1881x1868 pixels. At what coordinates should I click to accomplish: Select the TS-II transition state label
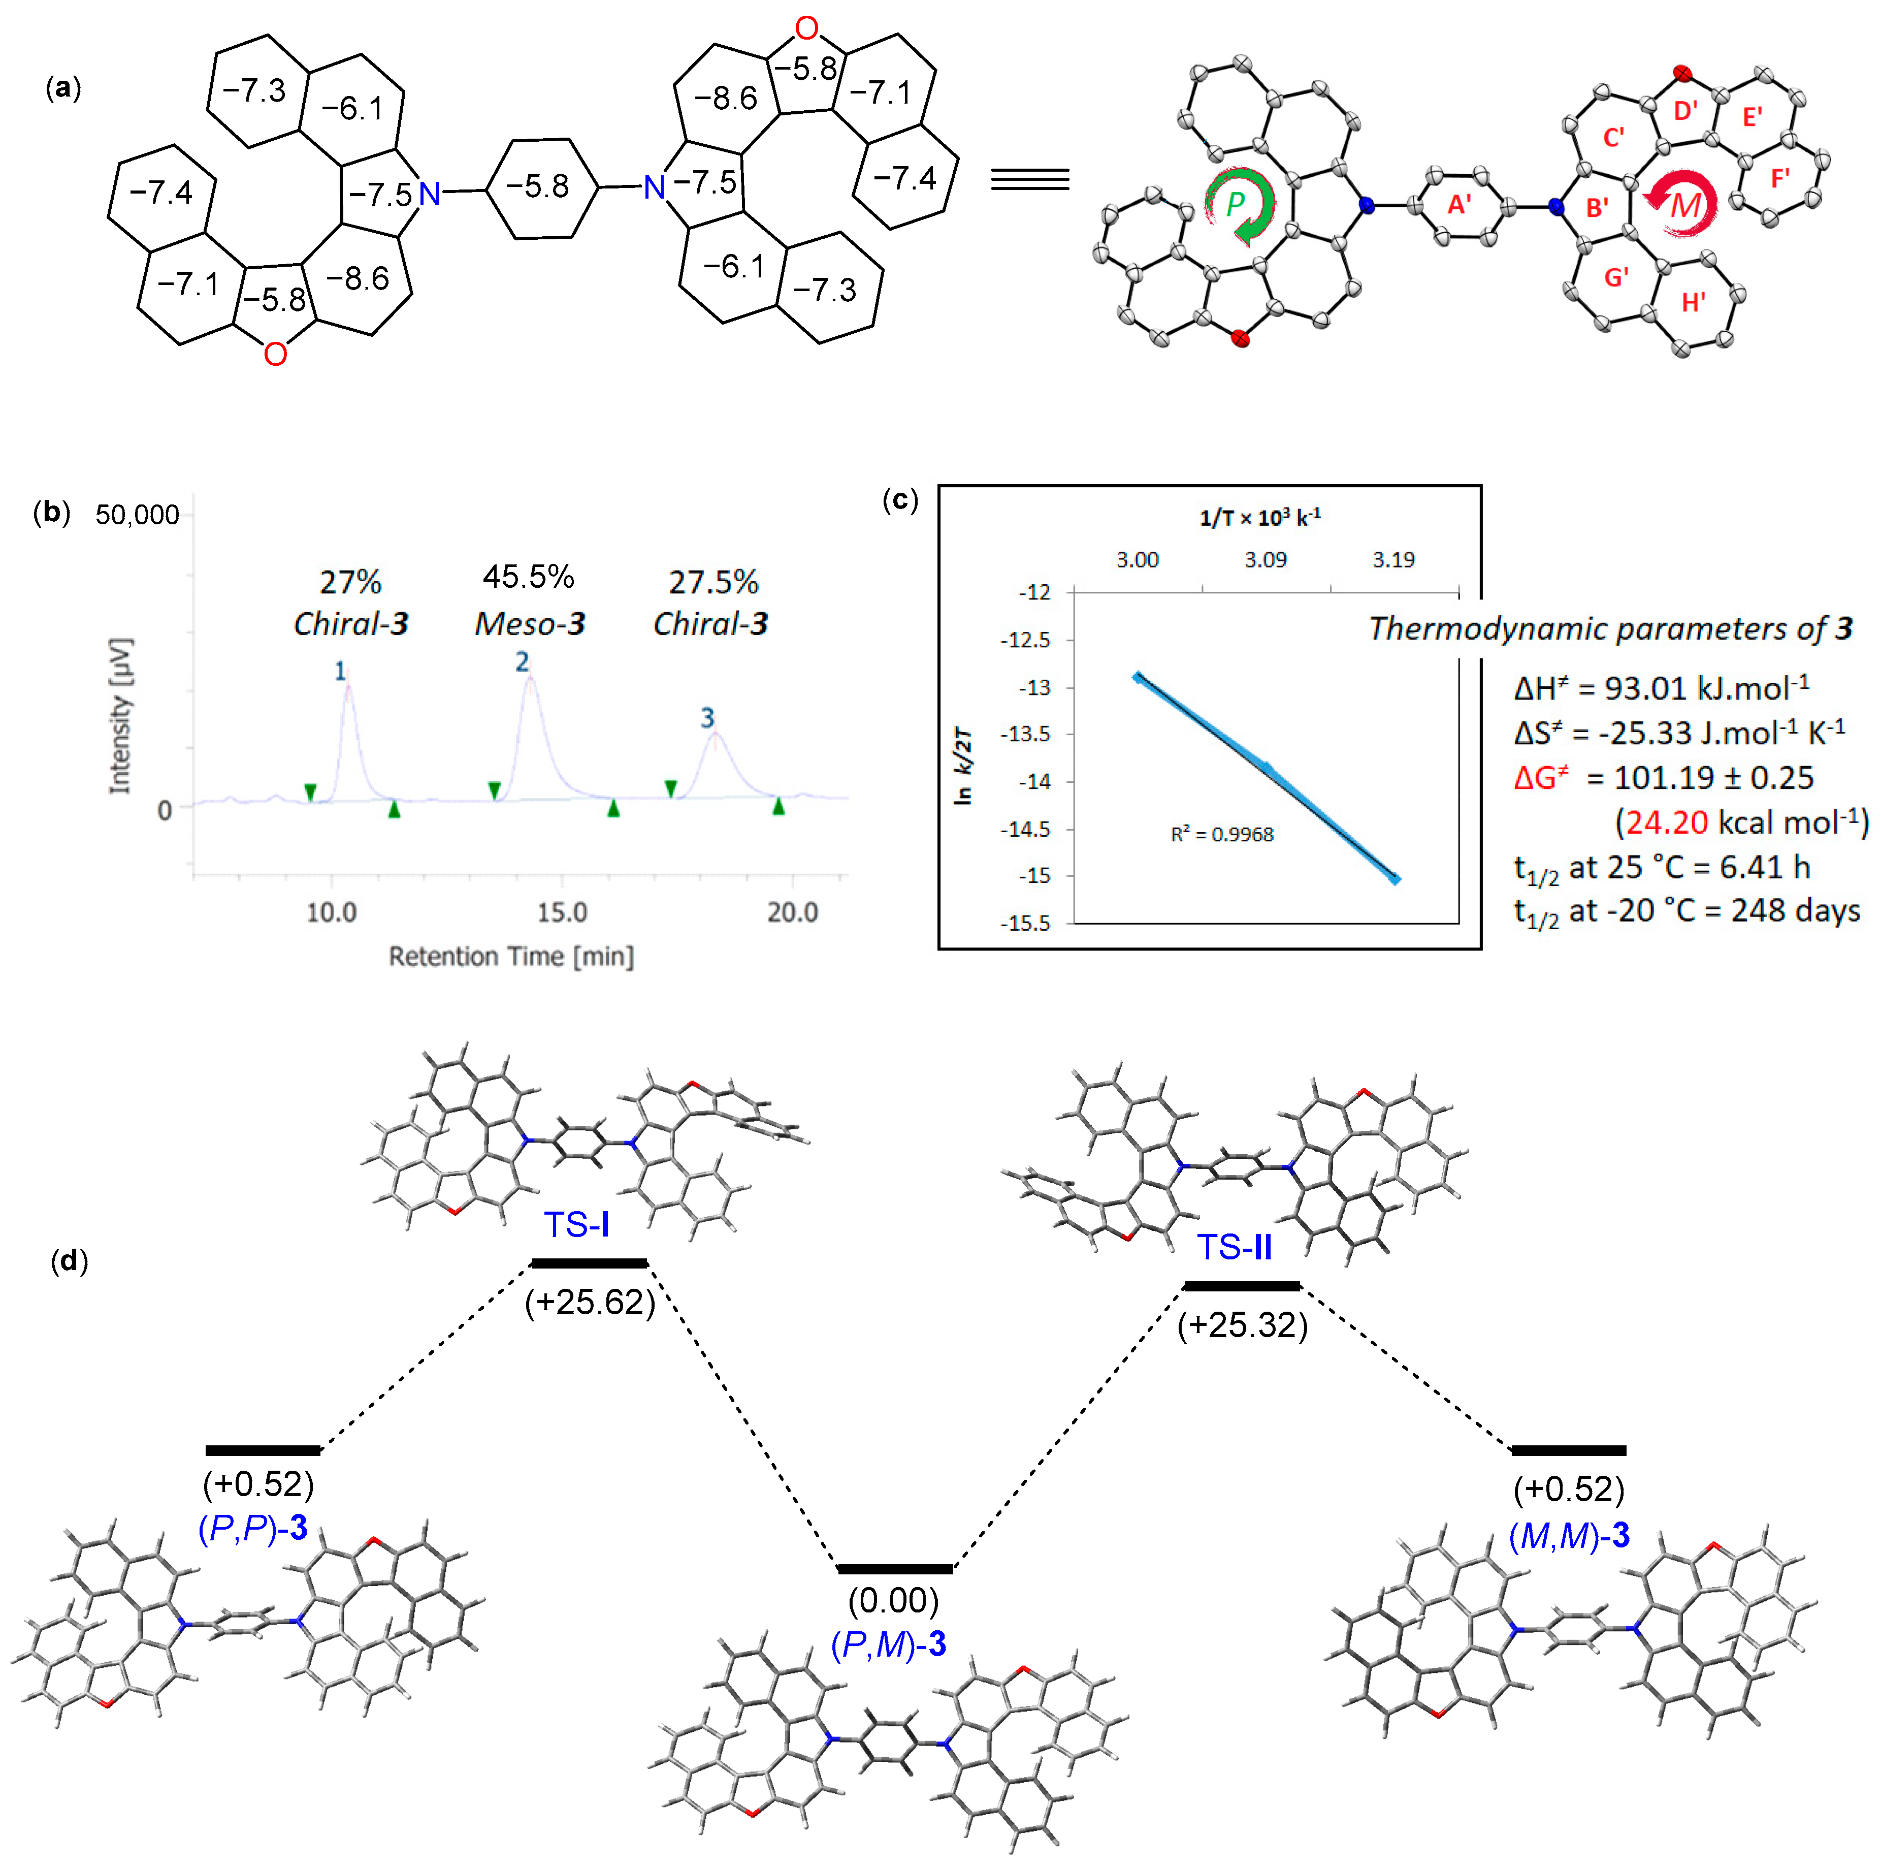point(1234,1247)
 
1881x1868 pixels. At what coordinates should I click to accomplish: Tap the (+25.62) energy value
point(590,1302)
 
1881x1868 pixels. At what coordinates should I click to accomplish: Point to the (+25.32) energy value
point(1242,1324)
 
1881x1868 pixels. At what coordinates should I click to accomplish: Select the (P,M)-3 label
point(888,1644)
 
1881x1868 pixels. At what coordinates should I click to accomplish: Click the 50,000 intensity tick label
point(137,515)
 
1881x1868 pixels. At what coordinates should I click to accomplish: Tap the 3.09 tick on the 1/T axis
point(1264,560)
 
